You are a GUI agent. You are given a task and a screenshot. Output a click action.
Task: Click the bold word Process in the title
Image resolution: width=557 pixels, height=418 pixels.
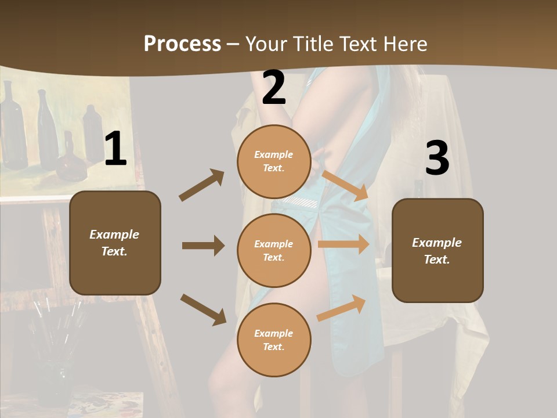(x=182, y=44)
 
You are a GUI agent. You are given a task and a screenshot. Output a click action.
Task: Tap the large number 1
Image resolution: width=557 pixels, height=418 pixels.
(x=115, y=149)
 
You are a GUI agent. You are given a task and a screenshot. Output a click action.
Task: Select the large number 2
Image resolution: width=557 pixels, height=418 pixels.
(x=274, y=88)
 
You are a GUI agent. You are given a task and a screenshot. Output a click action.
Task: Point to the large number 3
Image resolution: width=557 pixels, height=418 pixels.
(x=437, y=158)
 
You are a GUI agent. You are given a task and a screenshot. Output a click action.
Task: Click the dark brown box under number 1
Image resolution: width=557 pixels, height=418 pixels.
(x=115, y=243)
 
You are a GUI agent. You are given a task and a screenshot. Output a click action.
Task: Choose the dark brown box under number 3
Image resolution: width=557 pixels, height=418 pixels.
(x=437, y=250)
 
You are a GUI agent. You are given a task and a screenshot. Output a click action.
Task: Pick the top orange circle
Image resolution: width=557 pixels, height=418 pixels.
(x=274, y=161)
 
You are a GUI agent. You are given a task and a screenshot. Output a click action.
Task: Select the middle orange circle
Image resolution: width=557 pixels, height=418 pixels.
(x=274, y=250)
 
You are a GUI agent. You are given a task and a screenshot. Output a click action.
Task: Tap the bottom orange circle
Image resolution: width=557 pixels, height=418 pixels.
(x=274, y=340)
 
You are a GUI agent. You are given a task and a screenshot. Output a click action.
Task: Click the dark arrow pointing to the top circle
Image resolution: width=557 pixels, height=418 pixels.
(x=202, y=185)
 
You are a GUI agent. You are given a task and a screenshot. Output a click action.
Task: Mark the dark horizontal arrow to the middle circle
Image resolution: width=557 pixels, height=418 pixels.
(x=203, y=246)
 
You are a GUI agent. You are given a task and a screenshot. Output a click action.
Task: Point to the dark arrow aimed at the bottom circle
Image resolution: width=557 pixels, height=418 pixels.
(x=203, y=309)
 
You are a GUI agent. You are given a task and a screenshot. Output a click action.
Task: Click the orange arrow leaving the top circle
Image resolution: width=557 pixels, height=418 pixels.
(x=345, y=185)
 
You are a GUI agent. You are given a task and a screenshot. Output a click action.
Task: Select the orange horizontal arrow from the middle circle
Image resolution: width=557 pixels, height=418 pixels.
(x=343, y=244)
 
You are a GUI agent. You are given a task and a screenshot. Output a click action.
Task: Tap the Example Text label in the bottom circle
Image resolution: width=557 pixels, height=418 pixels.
(x=274, y=340)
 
